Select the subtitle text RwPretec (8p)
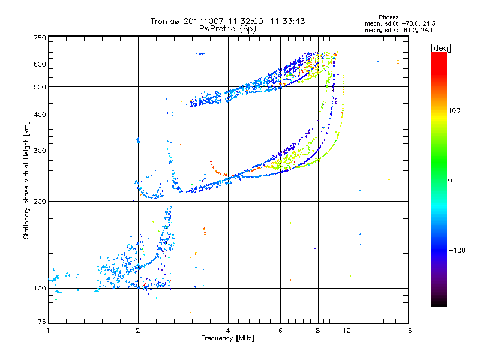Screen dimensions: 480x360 click(227, 29)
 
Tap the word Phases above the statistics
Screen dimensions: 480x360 click(388, 17)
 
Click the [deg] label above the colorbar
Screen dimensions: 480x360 click(440, 48)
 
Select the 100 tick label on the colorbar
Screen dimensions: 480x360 click(454, 110)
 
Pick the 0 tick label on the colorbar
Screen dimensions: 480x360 click(450, 181)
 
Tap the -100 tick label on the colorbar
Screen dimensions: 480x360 click(457, 250)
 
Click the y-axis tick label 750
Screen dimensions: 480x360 click(40, 38)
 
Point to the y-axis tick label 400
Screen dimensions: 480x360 click(40, 115)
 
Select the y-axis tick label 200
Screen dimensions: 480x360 click(40, 202)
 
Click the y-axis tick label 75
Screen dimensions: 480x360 click(42, 322)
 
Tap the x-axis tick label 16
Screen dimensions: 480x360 click(408, 331)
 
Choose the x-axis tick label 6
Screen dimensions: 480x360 click(280, 331)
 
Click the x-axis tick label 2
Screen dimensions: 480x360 click(138, 331)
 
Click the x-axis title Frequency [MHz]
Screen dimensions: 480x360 click(227, 338)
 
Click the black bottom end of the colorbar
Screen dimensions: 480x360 click(439, 304)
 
